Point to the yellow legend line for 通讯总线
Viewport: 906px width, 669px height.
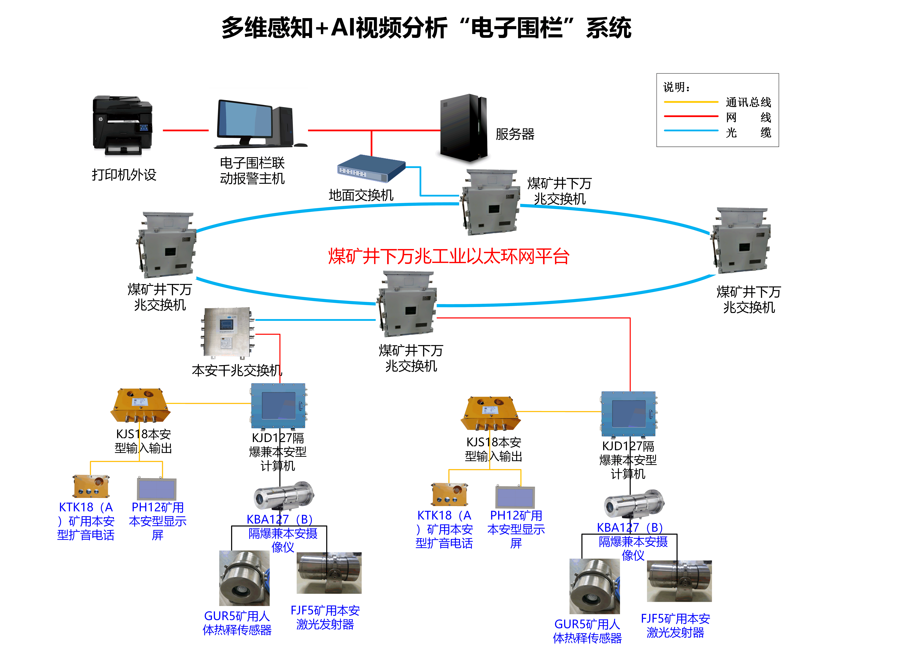pyautogui.click(x=691, y=102)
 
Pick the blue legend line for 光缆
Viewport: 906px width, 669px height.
pyautogui.click(x=691, y=130)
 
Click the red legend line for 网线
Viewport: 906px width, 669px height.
pyautogui.click(x=691, y=116)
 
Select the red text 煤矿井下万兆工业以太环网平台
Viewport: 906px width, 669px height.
pyautogui.click(x=449, y=256)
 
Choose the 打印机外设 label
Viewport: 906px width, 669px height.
pyautogui.click(x=124, y=175)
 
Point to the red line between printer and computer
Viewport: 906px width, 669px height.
pyautogui.click(x=185, y=130)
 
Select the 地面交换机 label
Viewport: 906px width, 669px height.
pyautogui.click(x=361, y=195)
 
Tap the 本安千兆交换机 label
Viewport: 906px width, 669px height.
pyautogui.click(x=237, y=370)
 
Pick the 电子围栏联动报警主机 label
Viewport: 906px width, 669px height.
pyautogui.click(x=252, y=171)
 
